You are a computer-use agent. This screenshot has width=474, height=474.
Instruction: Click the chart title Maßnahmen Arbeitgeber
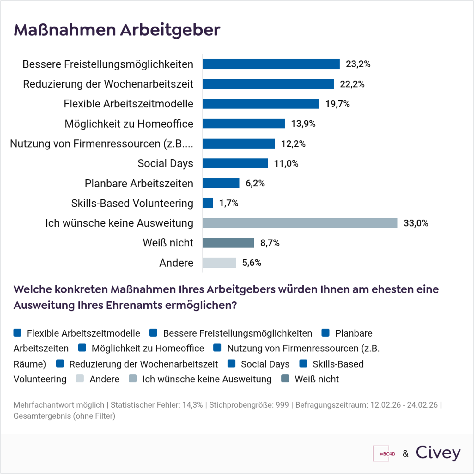tap(117, 30)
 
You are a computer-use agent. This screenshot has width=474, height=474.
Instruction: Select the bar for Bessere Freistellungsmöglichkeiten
tap(271, 64)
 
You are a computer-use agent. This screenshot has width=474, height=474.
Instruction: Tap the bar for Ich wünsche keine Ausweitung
tap(300, 223)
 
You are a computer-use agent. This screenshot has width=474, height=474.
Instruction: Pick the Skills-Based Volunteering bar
tap(208, 203)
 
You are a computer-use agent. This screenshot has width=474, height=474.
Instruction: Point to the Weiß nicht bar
tap(228, 243)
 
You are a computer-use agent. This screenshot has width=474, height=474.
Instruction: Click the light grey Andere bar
tap(219, 263)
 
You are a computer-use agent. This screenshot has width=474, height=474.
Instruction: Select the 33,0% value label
tap(416, 223)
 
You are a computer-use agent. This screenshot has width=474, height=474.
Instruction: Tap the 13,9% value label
tap(303, 124)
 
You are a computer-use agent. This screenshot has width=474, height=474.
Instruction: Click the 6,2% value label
tap(255, 183)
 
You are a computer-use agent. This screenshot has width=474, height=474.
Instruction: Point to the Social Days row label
tap(165, 163)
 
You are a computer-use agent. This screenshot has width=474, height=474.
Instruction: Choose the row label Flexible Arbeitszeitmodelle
tap(128, 104)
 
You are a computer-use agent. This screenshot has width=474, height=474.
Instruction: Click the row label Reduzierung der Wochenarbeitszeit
tap(108, 84)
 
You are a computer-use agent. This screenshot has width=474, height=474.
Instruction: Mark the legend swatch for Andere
tap(80, 379)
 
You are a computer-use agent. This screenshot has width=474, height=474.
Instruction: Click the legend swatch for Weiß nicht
tap(285, 379)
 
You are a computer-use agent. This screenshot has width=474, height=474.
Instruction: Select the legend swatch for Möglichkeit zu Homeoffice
tap(82, 348)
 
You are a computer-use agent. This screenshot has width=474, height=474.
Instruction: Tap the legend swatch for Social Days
tap(231, 363)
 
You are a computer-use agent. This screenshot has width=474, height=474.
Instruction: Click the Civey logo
tap(438, 453)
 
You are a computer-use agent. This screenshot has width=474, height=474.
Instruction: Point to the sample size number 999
tap(282, 405)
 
